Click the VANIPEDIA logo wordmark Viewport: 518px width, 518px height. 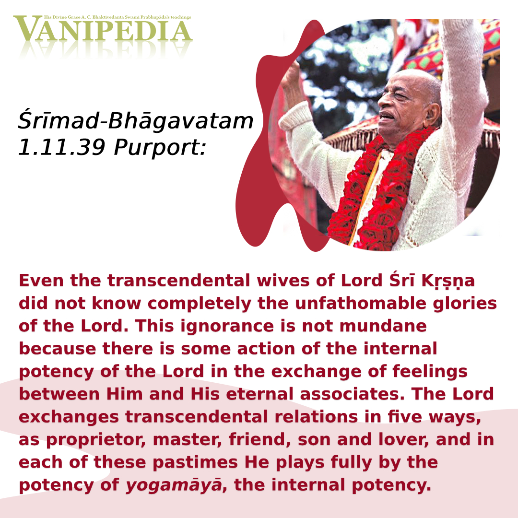(x=103, y=29)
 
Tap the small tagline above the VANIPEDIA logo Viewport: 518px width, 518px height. (x=118, y=17)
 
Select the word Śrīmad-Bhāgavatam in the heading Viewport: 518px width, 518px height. (x=135, y=121)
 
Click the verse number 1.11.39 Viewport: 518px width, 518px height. (x=61, y=147)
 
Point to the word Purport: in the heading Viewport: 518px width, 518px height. (x=160, y=148)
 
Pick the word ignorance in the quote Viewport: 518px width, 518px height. (x=227, y=327)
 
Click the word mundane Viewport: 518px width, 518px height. (x=383, y=326)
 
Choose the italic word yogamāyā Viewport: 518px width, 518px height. (x=174, y=485)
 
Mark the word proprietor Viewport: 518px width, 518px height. (x=96, y=440)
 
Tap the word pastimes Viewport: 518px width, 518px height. (x=195, y=462)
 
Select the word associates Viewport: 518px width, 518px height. (x=352, y=394)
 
